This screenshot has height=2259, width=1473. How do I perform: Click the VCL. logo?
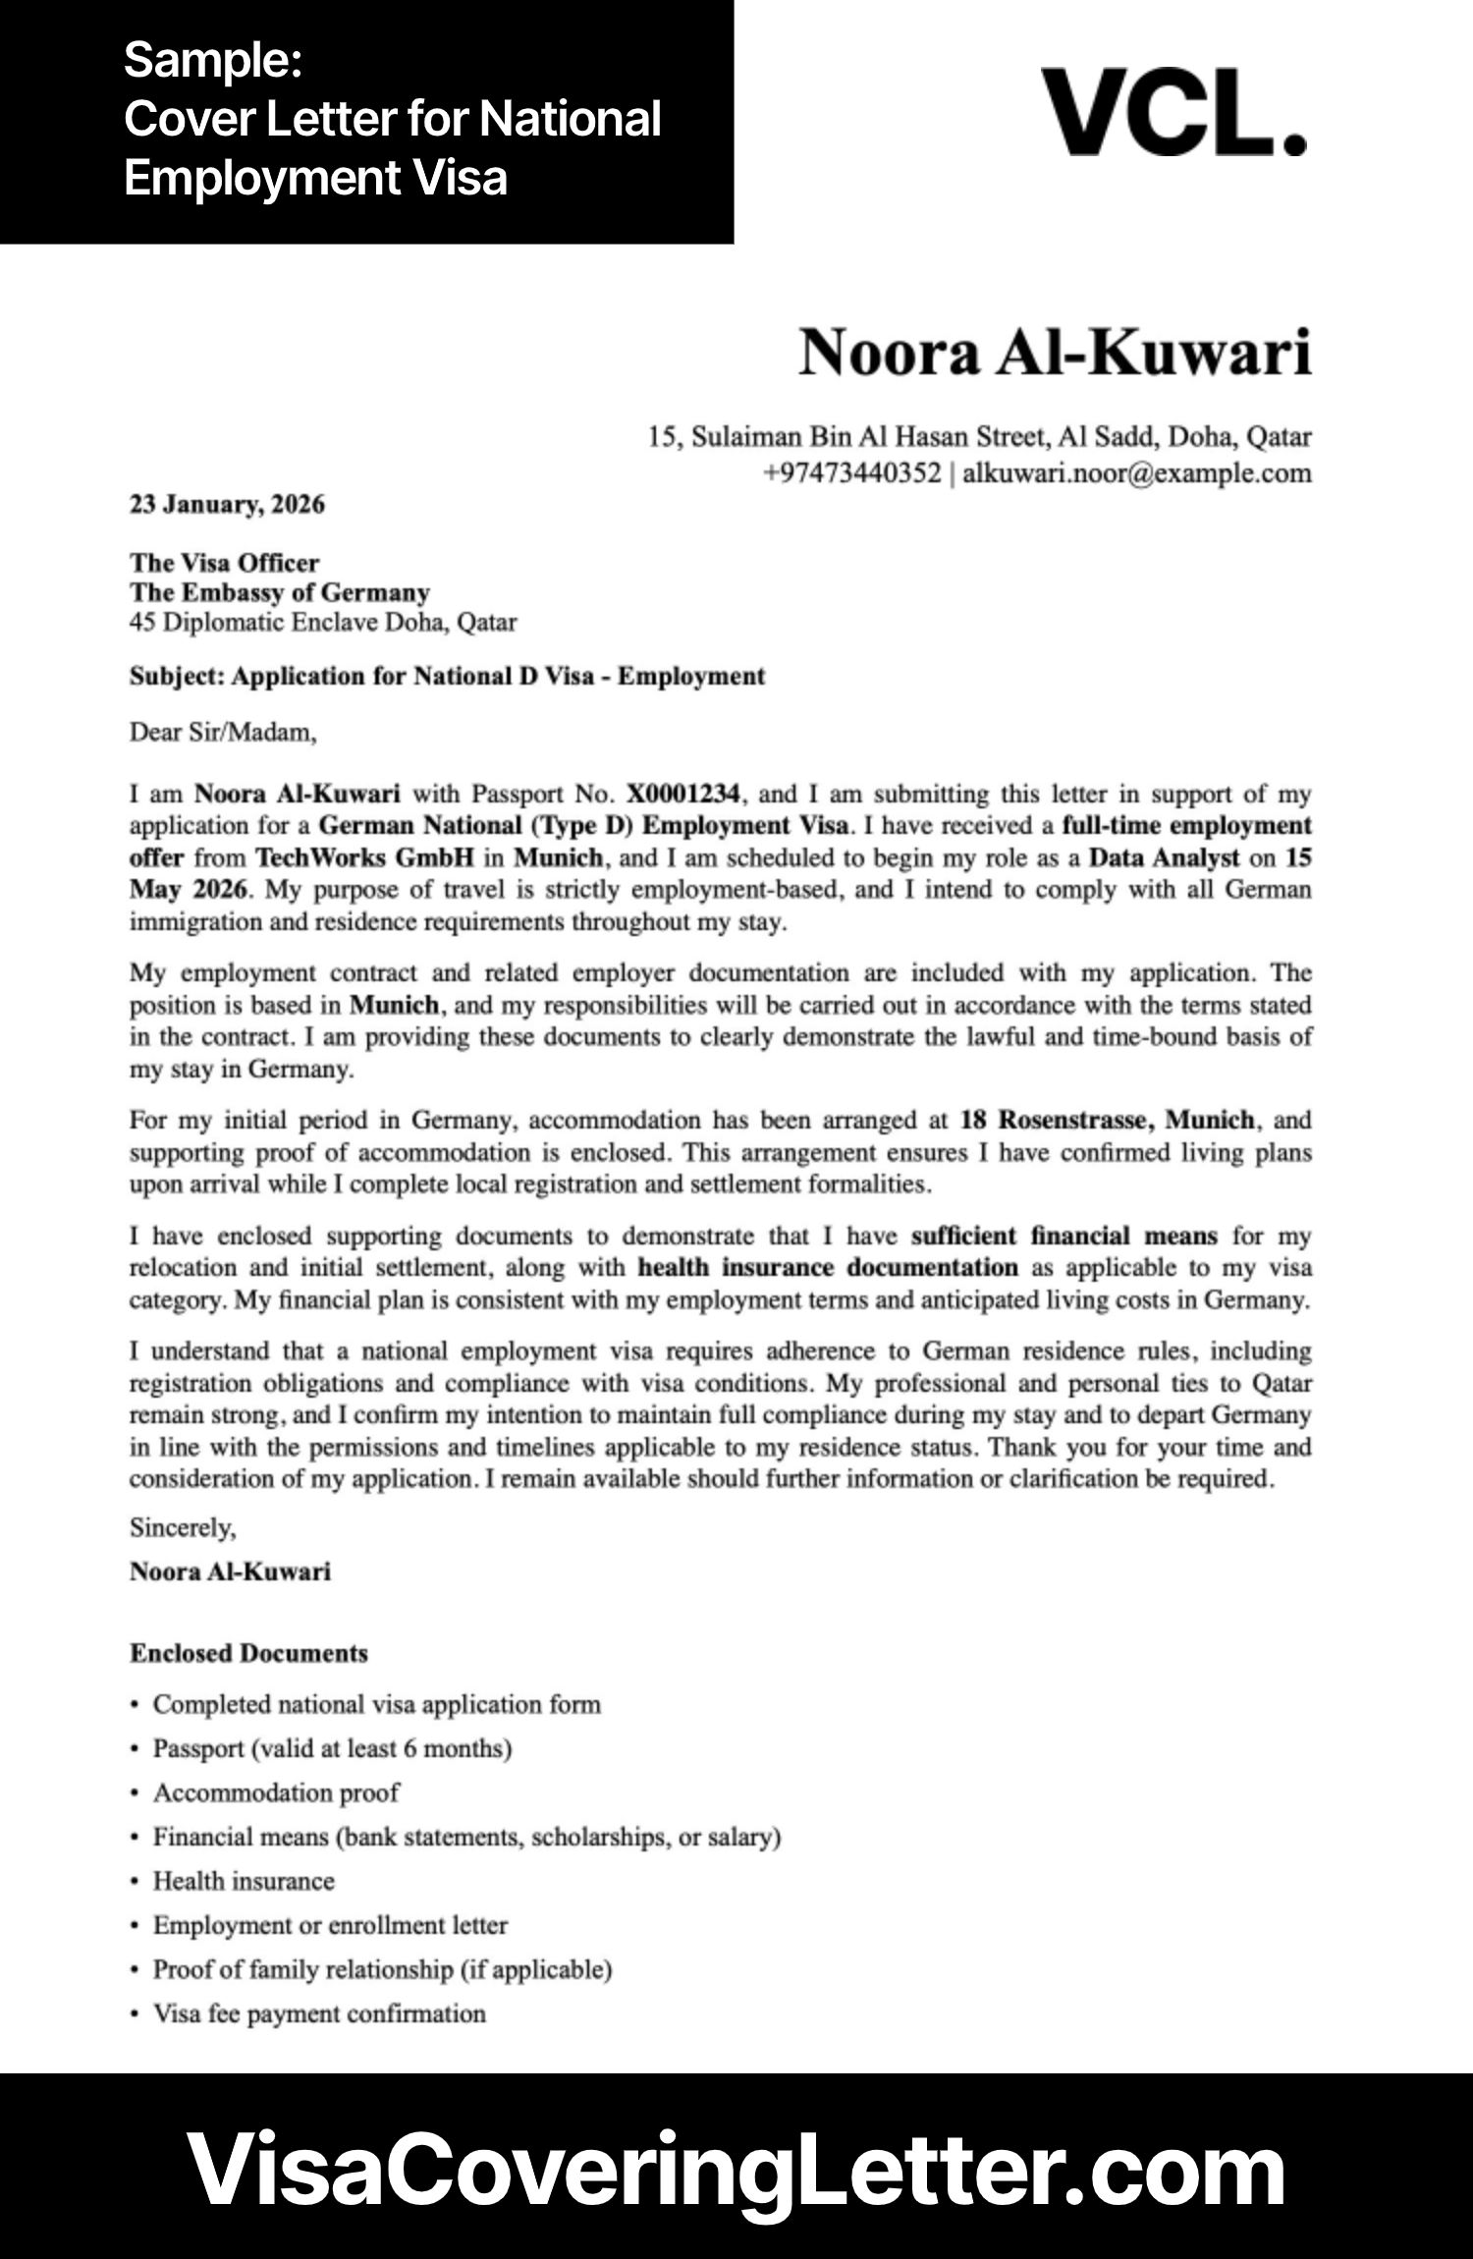tap(1173, 112)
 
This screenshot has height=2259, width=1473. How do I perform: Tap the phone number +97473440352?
tap(851, 473)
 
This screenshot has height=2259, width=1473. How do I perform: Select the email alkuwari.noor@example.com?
tap(1136, 473)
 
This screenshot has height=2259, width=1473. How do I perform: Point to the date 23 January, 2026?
tap(227, 505)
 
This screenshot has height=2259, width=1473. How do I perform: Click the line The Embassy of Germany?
tap(280, 592)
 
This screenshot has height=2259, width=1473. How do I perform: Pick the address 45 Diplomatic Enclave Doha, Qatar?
tap(322, 623)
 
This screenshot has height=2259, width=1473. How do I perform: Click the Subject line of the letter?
tap(447, 677)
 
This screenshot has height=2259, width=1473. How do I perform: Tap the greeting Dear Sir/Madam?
tap(223, 733)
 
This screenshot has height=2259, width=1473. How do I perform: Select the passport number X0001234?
tap(682, 794)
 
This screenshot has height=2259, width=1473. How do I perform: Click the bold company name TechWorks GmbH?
tap(364, 857)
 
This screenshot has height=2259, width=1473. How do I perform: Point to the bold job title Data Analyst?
tap(1164, 857)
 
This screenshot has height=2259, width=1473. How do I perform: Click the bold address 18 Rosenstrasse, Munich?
tap(1107, 1121)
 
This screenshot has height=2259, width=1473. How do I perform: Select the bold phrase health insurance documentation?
tap(827, 1268)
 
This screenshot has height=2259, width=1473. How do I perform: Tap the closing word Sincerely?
tap(183, 1528)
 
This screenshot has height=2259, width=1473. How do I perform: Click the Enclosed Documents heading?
tap(248, 1654)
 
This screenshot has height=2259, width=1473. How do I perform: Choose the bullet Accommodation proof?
tap(276, 1793)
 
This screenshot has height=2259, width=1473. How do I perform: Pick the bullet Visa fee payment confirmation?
tap(319, 2013)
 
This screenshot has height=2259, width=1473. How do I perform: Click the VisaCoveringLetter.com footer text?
tap(736, 2168)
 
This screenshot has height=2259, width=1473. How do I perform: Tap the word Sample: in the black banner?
tap(212, 61)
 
